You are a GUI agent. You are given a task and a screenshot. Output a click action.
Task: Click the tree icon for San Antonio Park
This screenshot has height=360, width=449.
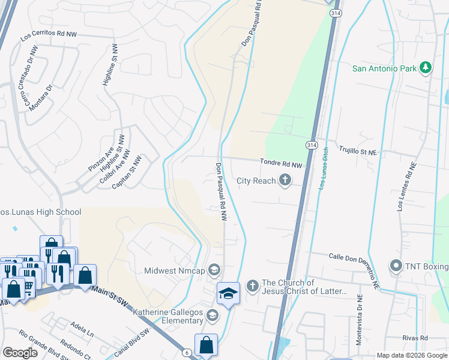[x=426, y=68]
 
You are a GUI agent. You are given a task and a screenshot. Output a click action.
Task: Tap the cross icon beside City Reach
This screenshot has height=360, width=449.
[x=285, y=181]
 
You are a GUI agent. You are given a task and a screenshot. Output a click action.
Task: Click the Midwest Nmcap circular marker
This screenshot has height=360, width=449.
[x=214, y=271]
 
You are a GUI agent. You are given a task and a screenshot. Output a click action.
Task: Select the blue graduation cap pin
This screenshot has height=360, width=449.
[x=228, y=293]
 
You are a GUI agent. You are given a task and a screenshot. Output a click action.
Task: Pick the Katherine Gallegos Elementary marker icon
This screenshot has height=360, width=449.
[x=211, y=315]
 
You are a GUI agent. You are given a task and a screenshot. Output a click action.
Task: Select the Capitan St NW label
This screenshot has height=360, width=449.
[x=127, y=173]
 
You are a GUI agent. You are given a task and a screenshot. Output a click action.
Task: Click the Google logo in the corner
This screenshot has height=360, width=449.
[x=20, y=353]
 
